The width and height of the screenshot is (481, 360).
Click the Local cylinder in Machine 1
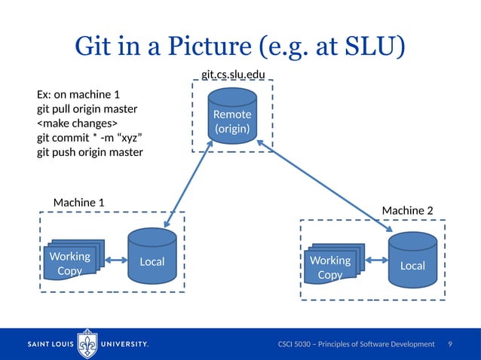click(152, 255)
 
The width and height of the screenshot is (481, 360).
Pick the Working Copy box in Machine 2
click(331, 266)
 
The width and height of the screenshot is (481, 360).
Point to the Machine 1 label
click(78, 203)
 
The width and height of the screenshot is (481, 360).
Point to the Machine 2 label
click(407, 210)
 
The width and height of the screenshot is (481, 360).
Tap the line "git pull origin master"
click(87, 109)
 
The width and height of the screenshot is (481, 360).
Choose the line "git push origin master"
click(90, 152)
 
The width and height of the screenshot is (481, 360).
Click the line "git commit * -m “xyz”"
click(90, 138)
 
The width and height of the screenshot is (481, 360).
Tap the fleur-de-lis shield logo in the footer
click(88, 343)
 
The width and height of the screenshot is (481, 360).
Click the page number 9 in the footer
click(450, 344)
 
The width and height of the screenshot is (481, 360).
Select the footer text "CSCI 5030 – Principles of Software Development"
click(357, 344)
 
